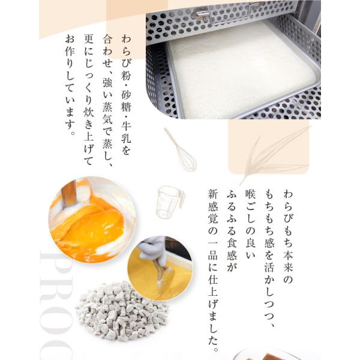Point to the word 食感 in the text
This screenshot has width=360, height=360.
coord(232,249)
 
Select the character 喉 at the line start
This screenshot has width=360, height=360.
coord(250,194)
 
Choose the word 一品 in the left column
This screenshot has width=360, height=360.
coord(213,249)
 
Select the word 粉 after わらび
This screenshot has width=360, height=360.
coord(126,76)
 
